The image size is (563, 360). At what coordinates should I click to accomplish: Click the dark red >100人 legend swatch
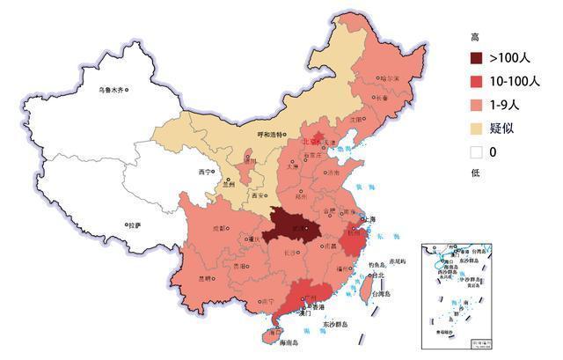click(x=479, y=59)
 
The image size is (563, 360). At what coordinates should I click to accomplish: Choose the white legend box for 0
click(x=479, y=151)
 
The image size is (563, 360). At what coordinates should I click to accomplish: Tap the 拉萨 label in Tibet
click(x=134, y=225)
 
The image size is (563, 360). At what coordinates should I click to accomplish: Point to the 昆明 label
click(x=205, y=278)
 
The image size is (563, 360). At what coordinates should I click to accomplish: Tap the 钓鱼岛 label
click(x=376, y=263)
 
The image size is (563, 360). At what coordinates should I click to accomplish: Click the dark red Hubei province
click(x=291, y=225)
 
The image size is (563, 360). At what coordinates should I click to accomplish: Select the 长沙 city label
click(x=290, y=253)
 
